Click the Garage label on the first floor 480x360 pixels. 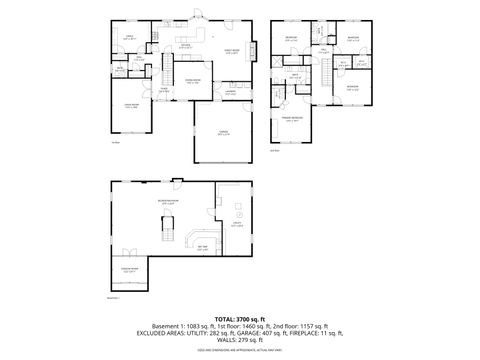point(223,133)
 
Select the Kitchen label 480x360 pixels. point(185,45)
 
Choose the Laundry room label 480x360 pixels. point(229,93)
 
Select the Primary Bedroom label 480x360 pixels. point(294,120)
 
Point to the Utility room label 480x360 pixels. point(237,225)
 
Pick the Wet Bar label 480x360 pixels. point(202,248)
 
